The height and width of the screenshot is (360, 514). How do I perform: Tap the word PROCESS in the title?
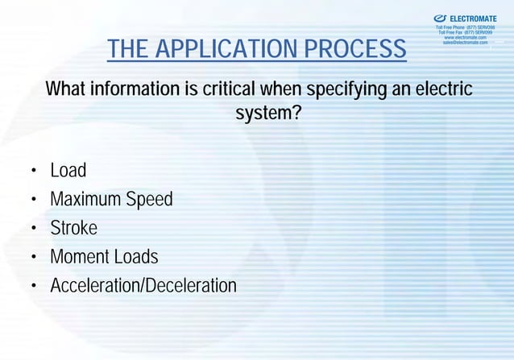pos(356,50)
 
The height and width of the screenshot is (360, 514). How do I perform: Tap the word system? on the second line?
pos(268,114)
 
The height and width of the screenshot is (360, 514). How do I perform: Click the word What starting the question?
pos(67,88)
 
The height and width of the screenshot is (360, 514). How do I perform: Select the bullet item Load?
pos(68,171)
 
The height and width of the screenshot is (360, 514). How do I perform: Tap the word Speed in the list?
pos(149,200)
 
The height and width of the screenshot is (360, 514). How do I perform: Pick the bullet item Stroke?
pos(73,228)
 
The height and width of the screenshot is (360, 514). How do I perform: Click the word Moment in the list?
pos(79,257)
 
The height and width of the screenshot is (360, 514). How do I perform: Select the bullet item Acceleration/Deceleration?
pos(143,286)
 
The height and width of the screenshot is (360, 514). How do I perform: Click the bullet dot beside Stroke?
pos(34,230)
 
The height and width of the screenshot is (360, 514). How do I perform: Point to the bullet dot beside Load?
pos(34,172)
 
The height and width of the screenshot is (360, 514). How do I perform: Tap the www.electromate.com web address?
pos(465,37)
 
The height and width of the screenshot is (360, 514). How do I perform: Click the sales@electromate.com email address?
pos(465,43)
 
